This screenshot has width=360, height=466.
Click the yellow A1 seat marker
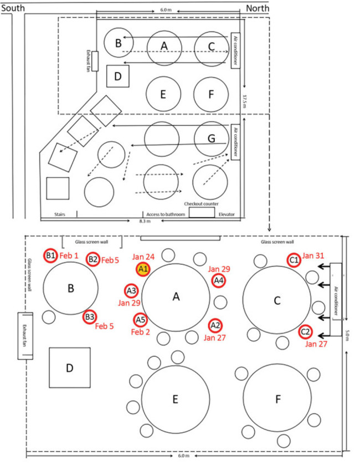[x=143, y=269]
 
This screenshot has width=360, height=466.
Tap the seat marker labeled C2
[x=305, y=332]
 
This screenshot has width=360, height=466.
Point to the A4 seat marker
[x=219, y=281]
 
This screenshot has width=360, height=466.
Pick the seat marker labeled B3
[x=90, y=317]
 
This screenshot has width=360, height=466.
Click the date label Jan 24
[x=142, y=257]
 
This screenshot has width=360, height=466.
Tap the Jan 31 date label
[x=315, y=257]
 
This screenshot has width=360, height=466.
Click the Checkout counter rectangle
[x=202, y=213]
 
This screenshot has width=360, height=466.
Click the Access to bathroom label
[x=165, y=213]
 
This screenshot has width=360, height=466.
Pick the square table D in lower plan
[x=69, y=368]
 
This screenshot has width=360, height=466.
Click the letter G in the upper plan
[x=211, y=139]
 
